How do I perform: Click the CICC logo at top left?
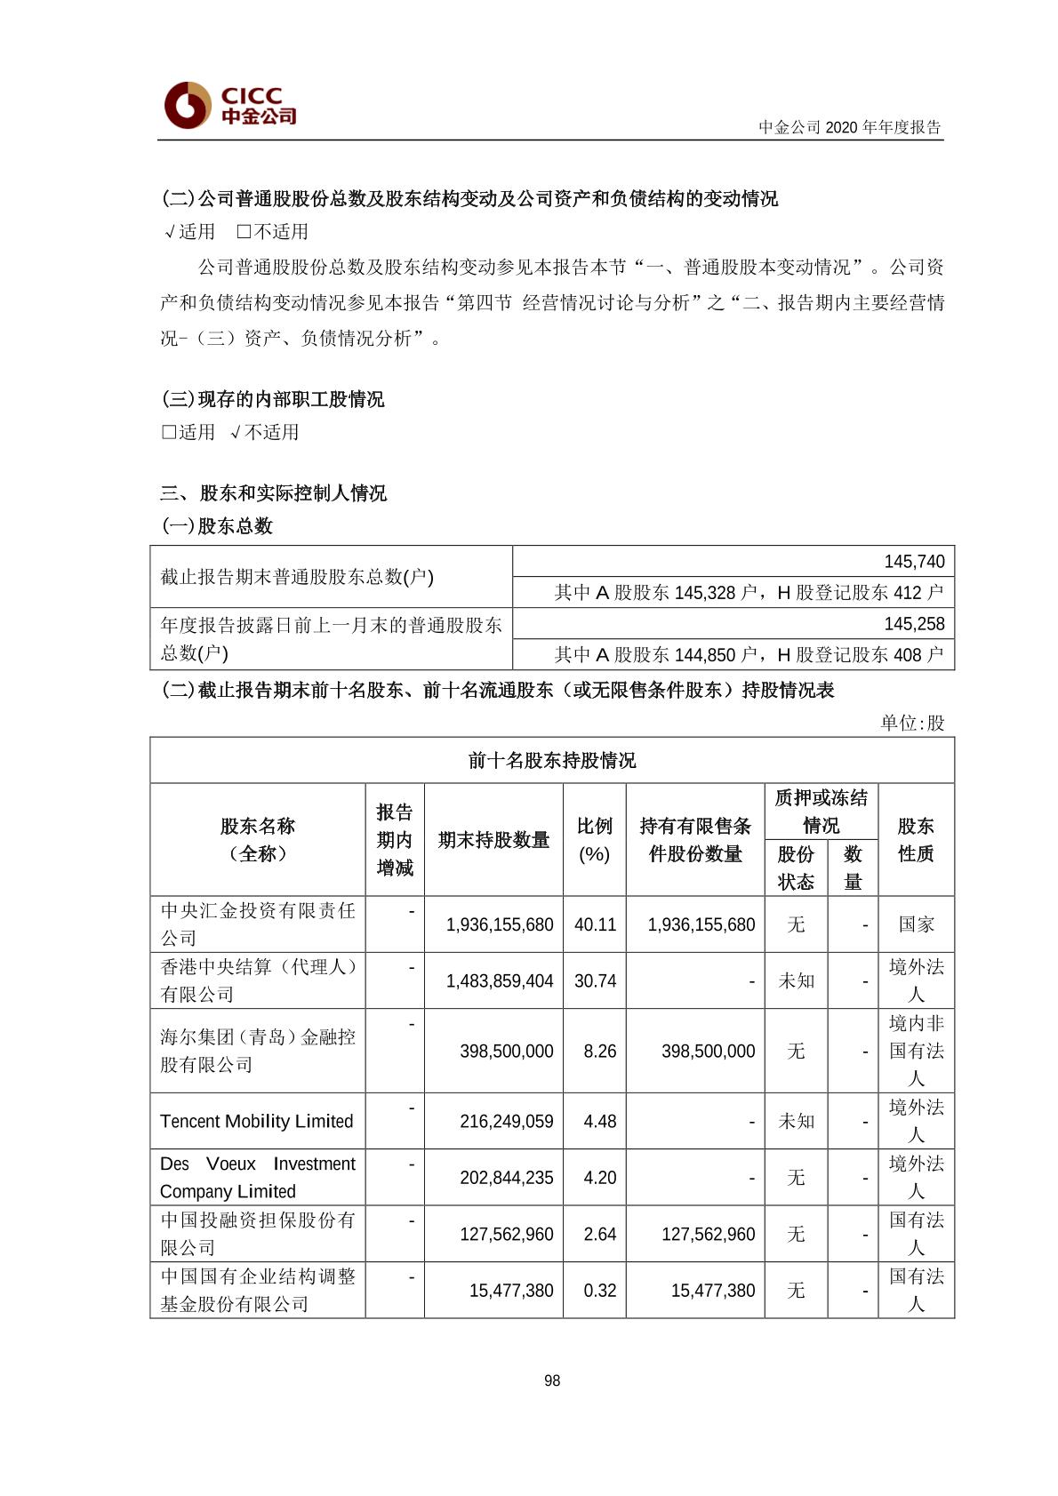230,105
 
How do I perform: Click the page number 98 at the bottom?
552,1380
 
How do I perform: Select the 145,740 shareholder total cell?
914,562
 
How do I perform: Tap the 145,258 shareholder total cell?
914,624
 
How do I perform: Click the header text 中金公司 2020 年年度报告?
849,127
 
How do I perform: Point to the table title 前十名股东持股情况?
552,761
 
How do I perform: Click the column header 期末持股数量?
493,840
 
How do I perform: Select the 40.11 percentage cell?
595,924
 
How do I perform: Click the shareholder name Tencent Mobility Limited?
257,1122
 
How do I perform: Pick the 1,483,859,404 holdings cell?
500,981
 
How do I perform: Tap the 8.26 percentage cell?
599,1052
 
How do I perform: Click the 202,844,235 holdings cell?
506,1178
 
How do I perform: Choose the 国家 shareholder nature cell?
916,924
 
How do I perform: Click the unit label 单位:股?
912,723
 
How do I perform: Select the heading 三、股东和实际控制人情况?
274,493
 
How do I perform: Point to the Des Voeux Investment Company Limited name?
257,1178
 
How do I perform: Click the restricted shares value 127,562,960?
708,1235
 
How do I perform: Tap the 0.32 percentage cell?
599,1291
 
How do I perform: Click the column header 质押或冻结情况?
821,812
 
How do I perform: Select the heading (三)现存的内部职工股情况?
273,399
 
